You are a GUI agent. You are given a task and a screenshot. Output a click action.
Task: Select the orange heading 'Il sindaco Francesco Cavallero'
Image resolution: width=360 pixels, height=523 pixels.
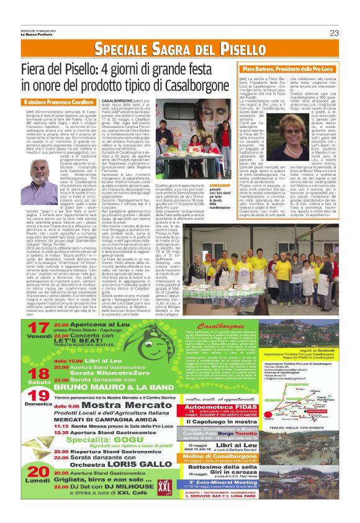pyautogui.click(x=58, y=102)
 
